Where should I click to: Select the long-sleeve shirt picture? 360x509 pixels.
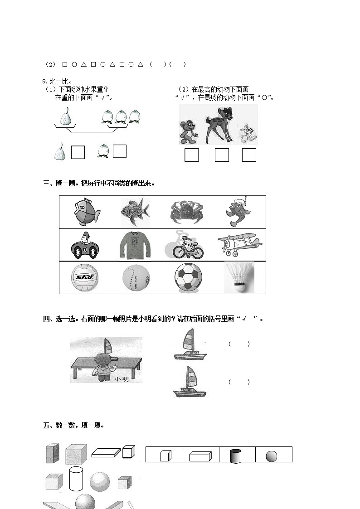[136, 245]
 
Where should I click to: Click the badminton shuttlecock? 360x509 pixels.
[239, 277]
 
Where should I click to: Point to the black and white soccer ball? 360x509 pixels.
[188, 277]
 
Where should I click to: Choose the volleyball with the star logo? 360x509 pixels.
[85, 277]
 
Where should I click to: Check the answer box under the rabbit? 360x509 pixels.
[249, 155]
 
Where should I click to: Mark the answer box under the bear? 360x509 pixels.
[192, 155]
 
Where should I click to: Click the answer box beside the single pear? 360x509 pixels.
[78, 152]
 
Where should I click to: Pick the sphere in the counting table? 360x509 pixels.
[271, 456]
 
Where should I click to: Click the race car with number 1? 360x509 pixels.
[85, 246]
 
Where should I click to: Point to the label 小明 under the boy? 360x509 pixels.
[122, 379]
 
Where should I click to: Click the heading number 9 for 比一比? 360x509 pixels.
[44, 82]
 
